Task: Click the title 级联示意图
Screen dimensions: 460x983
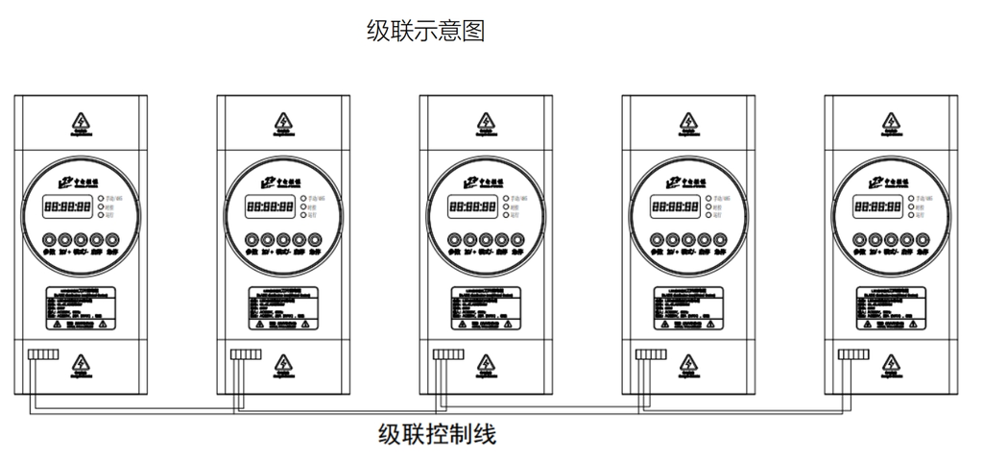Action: [425, 31]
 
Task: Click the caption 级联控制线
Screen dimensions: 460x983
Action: [438, 433]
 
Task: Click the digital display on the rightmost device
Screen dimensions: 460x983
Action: [875, 206]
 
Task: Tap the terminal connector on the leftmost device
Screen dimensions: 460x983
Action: [43, 354]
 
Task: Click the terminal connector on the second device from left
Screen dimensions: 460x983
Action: [246, 354]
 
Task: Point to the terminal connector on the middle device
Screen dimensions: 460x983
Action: [448, 354]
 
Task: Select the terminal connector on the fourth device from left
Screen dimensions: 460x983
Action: [651, 354]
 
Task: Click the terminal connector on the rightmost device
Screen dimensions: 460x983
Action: [853, 354]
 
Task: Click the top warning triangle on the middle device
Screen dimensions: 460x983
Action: [485, 122]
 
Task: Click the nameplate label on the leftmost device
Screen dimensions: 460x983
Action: [81, 307]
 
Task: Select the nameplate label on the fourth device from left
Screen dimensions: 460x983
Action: [688, 307]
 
